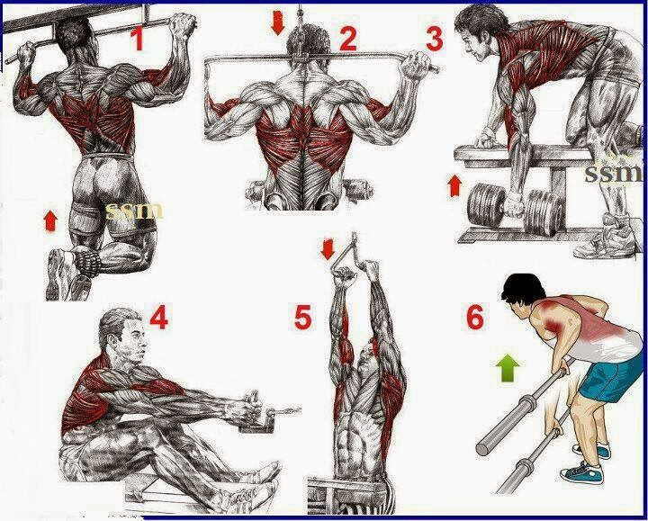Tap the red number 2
click(x=348, y=39)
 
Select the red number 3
click(x=435, y=39)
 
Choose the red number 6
click(x=474, y=318)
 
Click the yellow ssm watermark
click(x=134, y=211)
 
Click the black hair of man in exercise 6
click(x=521, y=292)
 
